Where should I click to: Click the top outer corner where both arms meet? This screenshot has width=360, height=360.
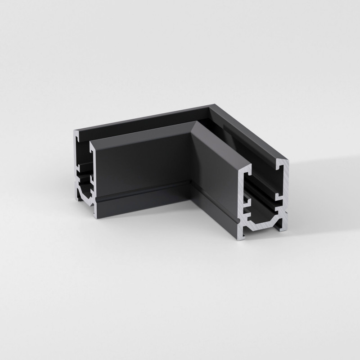pos(211,106)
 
